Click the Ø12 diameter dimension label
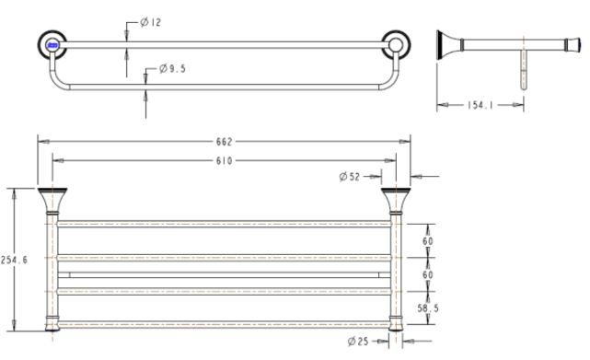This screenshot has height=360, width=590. (x=152, y=22)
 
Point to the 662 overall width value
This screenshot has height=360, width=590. (x=225, y=141)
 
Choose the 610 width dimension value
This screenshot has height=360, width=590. (x=225, y=160)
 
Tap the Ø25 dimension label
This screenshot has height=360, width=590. (x=360, y=341)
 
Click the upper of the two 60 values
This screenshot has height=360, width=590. (x=427, y=241)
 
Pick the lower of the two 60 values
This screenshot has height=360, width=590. (x=427, y=275)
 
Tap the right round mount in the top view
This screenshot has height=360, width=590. (x=396, y=43)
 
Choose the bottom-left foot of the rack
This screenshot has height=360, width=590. (x=52, y=323)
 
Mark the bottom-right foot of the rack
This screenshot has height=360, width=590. (x=397, y=323)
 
